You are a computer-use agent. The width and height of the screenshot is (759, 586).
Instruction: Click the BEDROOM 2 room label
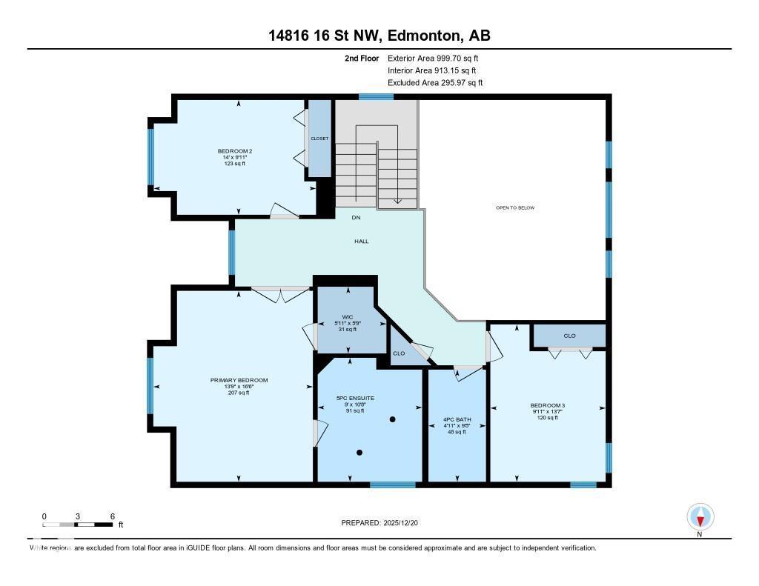(235, 150)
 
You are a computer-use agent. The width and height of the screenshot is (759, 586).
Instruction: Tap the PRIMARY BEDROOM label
(239, 380)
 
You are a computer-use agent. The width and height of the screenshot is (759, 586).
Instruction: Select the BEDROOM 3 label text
(548, 405)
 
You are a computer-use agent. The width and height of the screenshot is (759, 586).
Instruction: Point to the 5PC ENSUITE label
(355, 399)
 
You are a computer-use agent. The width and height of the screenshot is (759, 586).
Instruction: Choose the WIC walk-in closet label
(348, 316)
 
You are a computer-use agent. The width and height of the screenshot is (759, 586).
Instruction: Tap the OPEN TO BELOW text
(515, 208)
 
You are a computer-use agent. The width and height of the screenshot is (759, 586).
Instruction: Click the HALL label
(361, 242)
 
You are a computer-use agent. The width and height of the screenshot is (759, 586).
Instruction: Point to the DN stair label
(356, 218)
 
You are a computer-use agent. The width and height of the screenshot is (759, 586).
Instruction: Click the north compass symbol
(700, 517)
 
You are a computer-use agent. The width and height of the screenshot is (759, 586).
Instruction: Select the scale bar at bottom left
(78, 525)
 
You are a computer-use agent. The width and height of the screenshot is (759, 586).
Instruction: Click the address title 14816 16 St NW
(379, 36)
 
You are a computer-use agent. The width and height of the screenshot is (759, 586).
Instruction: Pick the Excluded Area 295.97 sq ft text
(435, 83)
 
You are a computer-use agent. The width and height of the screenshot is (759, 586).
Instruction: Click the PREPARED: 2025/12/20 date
(385, 523)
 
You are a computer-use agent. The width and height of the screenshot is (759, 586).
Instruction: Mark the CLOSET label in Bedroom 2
(319, 139)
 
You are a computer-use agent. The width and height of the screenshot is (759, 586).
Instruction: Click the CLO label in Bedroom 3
(569, 336)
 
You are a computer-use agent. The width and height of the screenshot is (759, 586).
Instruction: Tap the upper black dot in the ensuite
(393, 420)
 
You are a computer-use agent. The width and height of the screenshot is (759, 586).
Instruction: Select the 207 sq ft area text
(239, 393)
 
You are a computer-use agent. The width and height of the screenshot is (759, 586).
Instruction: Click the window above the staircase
(376, 96)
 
